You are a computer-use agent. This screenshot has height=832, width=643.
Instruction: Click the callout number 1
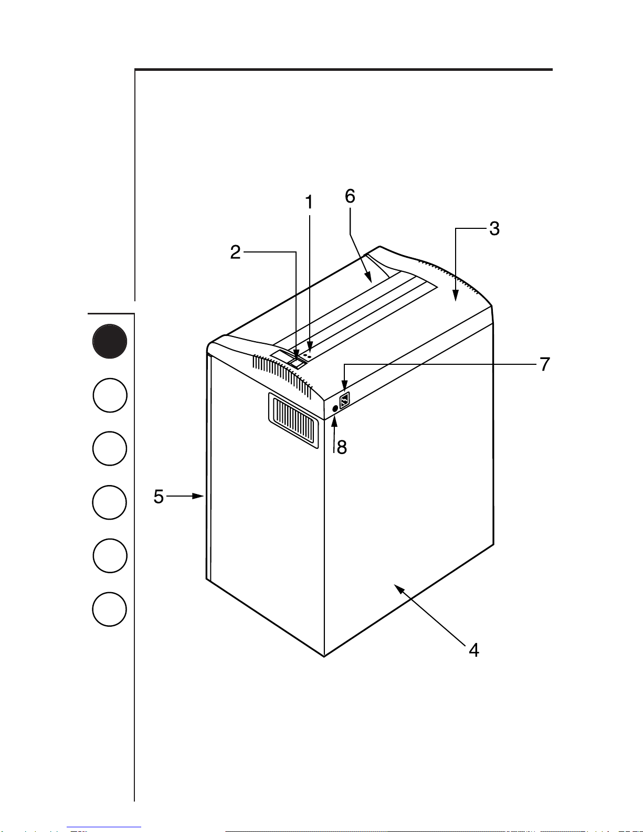pos(309,202)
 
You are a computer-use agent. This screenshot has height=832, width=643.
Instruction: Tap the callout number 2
pos(235,252)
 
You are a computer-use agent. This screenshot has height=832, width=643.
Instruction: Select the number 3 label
pos(494,228)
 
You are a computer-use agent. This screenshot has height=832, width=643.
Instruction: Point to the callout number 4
pos(474,650)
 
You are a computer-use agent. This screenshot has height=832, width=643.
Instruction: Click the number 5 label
pos(159,497)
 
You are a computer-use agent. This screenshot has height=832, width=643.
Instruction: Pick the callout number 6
pos(350,196)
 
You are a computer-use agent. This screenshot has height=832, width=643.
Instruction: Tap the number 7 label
pos(545,364)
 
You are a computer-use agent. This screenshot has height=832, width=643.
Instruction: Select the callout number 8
pos(342,447)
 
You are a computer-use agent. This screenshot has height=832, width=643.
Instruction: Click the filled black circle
pos(110,341)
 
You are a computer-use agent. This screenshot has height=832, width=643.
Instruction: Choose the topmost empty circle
pos(110,395)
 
